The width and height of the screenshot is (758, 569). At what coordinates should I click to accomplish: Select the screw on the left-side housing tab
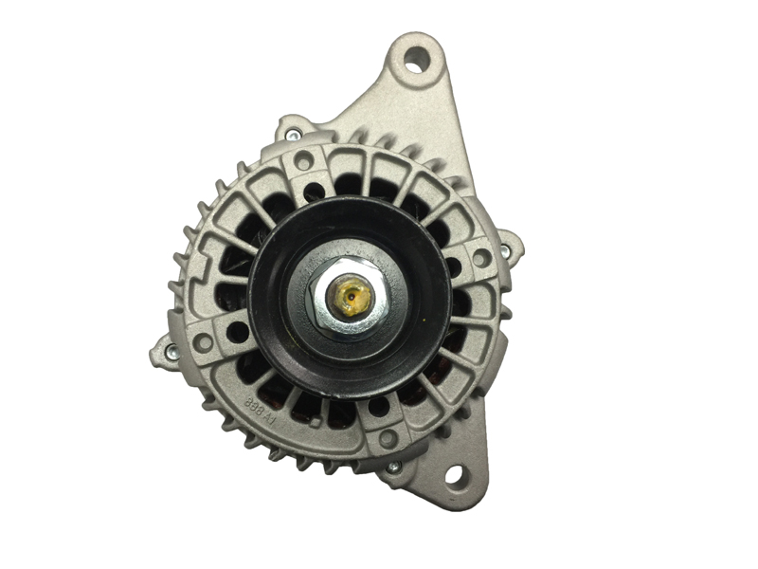(171, 352)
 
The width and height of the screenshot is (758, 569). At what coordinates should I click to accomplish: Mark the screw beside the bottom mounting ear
(394, 467)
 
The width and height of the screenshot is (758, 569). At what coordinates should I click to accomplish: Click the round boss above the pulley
(303, 162)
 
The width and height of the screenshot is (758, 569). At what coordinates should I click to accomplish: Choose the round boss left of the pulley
(205, 344)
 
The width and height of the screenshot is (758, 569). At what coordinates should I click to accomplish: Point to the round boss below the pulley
(387, 438)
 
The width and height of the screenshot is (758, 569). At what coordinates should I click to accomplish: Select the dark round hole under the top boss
(314, 190)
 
